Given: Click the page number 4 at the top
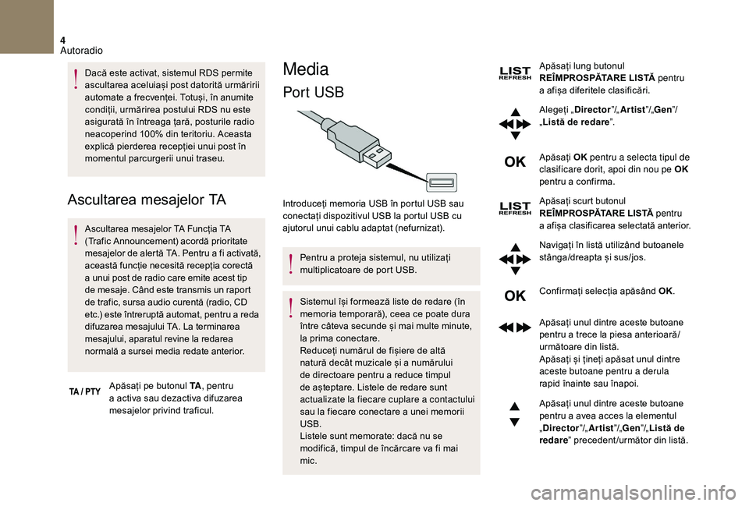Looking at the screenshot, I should point(62,38).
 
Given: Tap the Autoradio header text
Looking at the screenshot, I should point(81,51).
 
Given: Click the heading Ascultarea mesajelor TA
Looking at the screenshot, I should point(147,200).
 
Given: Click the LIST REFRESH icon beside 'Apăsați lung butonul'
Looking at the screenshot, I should point(514,73).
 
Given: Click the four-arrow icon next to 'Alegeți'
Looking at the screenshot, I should point(515,123).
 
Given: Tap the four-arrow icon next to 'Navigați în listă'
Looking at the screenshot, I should point(515,259).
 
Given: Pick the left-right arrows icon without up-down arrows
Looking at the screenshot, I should point(515,327).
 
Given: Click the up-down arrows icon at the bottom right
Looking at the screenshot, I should point(515,414).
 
